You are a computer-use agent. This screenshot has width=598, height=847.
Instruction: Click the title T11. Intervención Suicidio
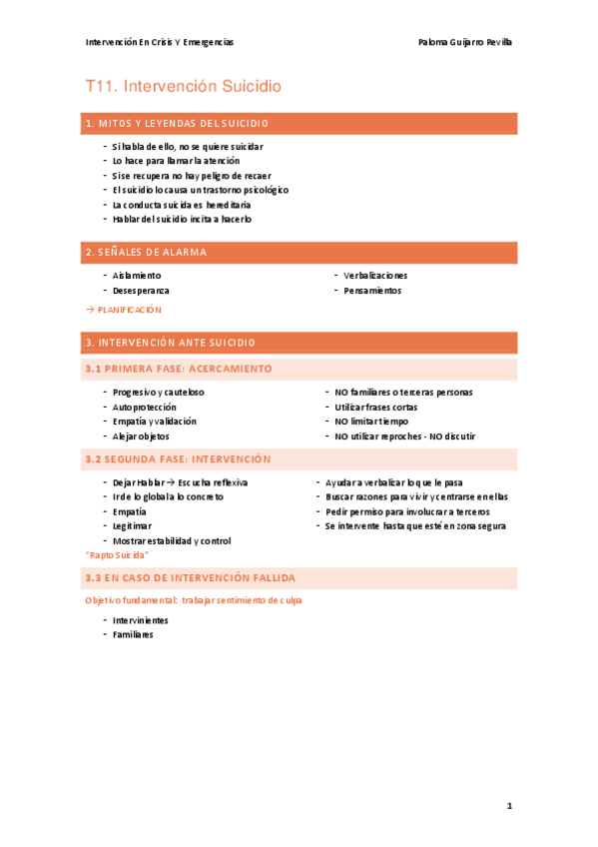tap(184, 87)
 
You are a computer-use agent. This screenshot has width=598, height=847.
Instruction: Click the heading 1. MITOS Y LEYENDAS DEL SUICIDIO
tap(177, 124)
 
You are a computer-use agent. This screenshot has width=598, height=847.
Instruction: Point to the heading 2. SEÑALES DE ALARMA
tap(146, 252)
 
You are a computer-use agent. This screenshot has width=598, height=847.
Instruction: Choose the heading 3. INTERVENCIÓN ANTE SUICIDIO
tap(171, 343)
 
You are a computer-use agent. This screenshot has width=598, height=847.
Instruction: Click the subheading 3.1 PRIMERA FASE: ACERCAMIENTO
tap(179, 369)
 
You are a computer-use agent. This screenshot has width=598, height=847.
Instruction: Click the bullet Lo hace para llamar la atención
tap(176, 161)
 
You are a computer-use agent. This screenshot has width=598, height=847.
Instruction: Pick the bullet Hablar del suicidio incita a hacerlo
tap(182, 219)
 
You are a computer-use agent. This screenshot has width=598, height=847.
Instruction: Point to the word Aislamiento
tap(137, 276)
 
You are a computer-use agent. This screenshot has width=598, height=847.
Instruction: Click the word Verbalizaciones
tap(375, 276)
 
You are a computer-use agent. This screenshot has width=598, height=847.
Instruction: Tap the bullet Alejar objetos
tap(141, 436)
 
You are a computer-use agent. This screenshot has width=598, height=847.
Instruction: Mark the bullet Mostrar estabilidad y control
tap(172, 540)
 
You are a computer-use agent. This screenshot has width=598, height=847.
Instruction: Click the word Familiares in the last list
tap(133, 634)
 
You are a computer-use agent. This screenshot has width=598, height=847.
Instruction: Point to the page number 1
tap(509, 805)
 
